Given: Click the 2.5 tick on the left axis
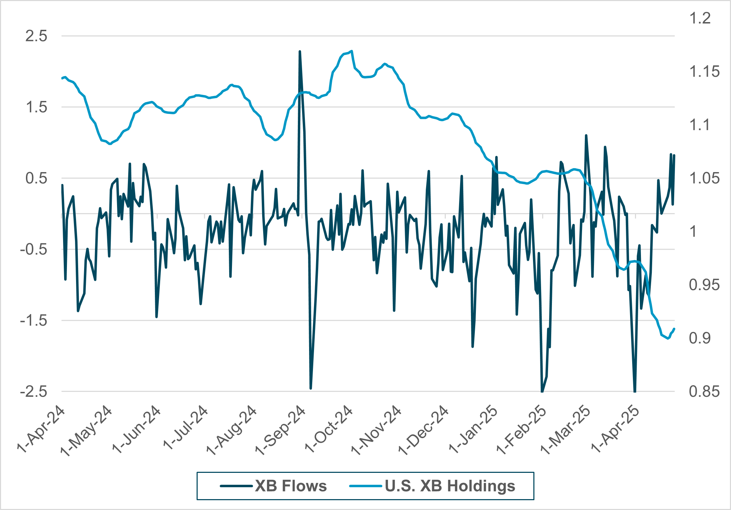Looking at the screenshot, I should point(36,36).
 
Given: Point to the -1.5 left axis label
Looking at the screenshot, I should point(34,321).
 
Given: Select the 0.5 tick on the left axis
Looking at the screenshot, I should point(36,178).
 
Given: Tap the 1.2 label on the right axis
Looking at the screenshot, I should point(700,18).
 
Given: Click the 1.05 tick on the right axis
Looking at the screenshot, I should point(704,178).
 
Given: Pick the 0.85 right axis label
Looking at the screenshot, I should point(704,392).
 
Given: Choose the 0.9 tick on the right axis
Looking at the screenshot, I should point(700,338).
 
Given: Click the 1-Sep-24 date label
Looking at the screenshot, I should point(280,430).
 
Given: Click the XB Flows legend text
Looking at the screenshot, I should point(291,486).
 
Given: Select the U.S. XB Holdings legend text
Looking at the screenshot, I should point(450,486).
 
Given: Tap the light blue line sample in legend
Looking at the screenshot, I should point(365,486).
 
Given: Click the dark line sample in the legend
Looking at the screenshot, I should point(236,486).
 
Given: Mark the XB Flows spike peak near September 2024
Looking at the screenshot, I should point(300,52).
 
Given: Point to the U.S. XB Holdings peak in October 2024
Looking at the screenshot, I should point(351,51).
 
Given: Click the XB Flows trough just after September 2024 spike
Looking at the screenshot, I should point(311,388).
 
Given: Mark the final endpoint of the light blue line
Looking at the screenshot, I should point(674,329).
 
